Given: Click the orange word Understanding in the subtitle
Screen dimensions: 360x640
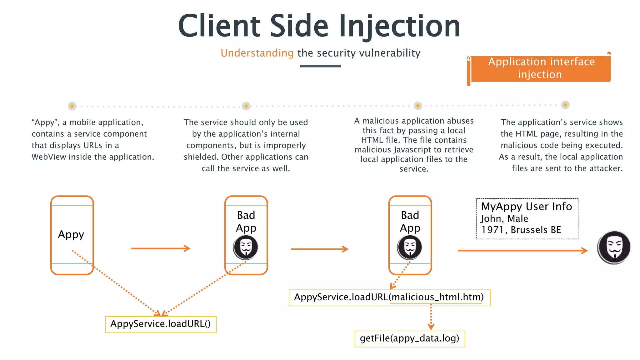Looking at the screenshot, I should [257, 53].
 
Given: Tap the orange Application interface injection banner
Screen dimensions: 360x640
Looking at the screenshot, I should [541, 68].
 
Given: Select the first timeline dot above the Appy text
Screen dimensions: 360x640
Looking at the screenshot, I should [72, 106].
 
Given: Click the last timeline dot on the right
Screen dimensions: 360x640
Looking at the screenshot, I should [565, 105].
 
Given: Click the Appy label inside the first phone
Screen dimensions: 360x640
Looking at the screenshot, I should [71, 234].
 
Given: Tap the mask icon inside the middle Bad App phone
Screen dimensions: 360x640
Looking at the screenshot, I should [246, 247].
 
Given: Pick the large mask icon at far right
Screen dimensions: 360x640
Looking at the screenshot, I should [614, 247].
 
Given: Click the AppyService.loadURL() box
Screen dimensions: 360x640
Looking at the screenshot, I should [161, 324].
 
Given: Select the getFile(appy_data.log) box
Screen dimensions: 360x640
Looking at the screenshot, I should [409, 339].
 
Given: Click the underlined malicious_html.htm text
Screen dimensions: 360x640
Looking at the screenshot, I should [436, 297].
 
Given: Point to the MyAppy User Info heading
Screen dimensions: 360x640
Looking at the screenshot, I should [527, 207].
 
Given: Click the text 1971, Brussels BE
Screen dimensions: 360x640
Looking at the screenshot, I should [521, 230].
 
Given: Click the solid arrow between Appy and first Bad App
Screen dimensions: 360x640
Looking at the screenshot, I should [161, 248].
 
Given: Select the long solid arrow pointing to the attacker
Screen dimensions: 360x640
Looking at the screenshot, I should [522, 251].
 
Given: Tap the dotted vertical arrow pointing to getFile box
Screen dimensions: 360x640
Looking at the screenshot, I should [431, 317].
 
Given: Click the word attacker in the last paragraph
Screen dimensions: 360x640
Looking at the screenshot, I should [606, 168].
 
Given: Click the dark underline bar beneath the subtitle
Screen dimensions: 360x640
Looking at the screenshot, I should [320, 66].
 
